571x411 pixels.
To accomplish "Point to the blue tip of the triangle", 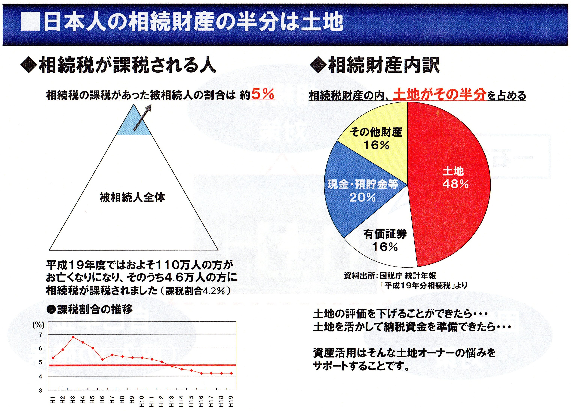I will (134, 123).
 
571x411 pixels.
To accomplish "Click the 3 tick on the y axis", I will (40, 391).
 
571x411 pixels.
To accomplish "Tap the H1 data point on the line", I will (53, 358).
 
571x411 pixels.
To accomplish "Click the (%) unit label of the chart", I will (38, 325).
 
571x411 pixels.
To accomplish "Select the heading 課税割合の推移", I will (94, 309).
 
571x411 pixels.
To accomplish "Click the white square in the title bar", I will (30, 22).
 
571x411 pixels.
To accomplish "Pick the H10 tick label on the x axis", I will (142, 401).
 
